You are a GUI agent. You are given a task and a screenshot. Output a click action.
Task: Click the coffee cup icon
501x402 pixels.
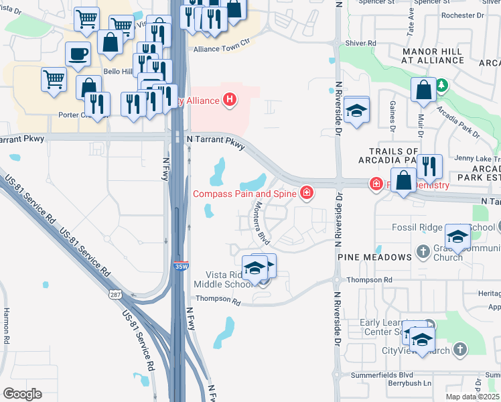point(78,54)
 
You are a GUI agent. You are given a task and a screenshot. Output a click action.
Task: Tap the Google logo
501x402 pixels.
point(21,394)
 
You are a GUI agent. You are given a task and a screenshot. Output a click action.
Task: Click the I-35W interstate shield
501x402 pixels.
point(180,266)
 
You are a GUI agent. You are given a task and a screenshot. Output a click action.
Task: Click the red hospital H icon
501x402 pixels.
point(230,100)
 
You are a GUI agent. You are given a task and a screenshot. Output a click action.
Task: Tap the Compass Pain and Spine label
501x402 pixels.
point(245,194)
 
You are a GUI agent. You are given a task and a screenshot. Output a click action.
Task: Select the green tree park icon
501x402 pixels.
point(441,85)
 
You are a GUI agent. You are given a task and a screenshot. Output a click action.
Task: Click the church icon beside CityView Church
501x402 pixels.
point(459,349)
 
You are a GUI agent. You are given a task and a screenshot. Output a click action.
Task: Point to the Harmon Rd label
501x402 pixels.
point(5,326)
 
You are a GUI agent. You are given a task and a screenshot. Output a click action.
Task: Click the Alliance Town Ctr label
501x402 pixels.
point(221,50)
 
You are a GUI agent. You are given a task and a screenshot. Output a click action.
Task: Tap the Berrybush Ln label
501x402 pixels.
point(409,384)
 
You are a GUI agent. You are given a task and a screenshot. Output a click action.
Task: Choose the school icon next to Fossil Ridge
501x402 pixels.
point(458,236)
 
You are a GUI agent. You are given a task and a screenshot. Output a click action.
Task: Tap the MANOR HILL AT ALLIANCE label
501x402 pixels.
point(432,56)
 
